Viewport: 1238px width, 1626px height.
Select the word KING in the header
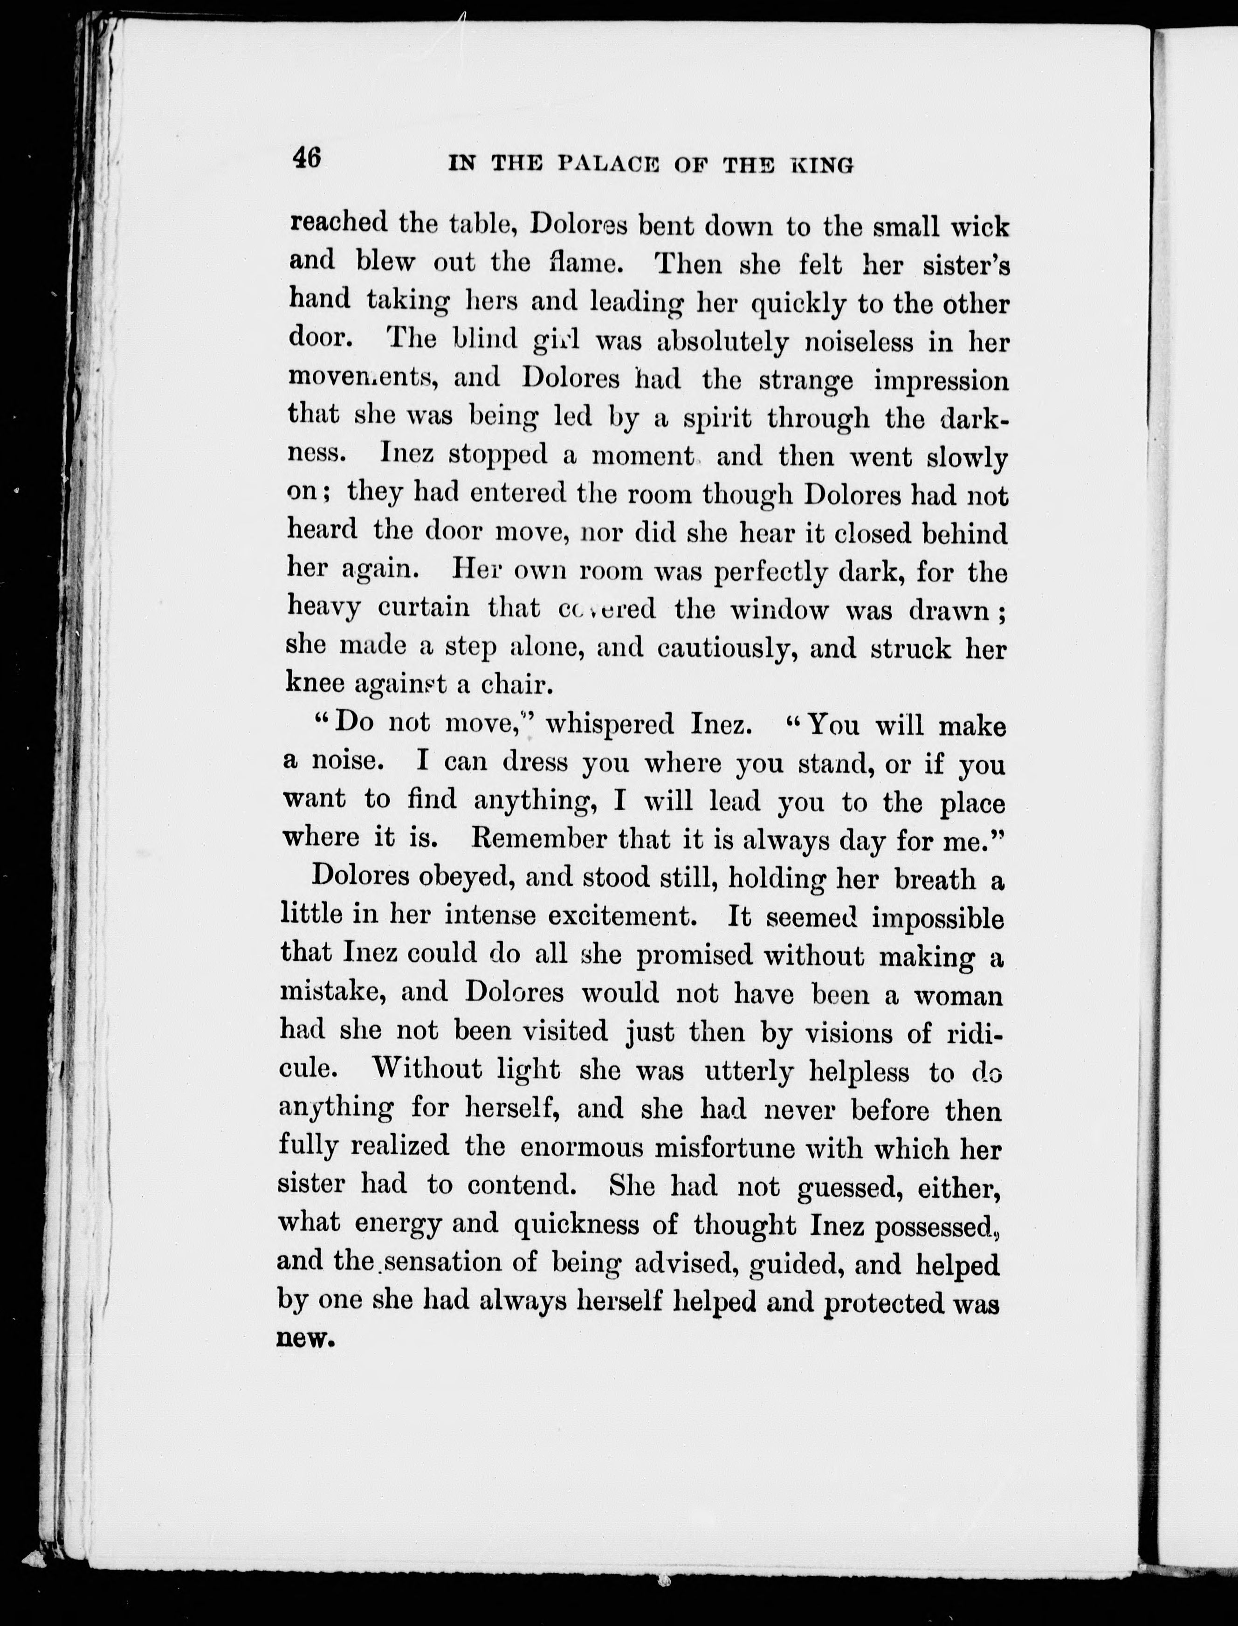pyautogui.click(x=823, y=165)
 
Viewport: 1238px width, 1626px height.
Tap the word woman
pyautogui.click(x=958, y=995)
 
